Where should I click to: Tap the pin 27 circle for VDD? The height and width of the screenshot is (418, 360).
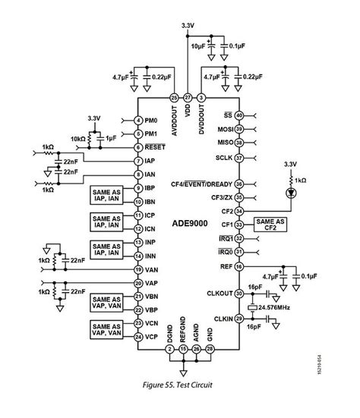click(188, 98)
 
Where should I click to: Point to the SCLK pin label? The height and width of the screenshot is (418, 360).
click(223, 158)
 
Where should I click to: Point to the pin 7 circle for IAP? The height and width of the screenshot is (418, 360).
click(137, 161)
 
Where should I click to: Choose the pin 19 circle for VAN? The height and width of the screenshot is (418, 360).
click(137, 269)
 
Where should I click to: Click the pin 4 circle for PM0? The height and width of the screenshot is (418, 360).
click(137, 121)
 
